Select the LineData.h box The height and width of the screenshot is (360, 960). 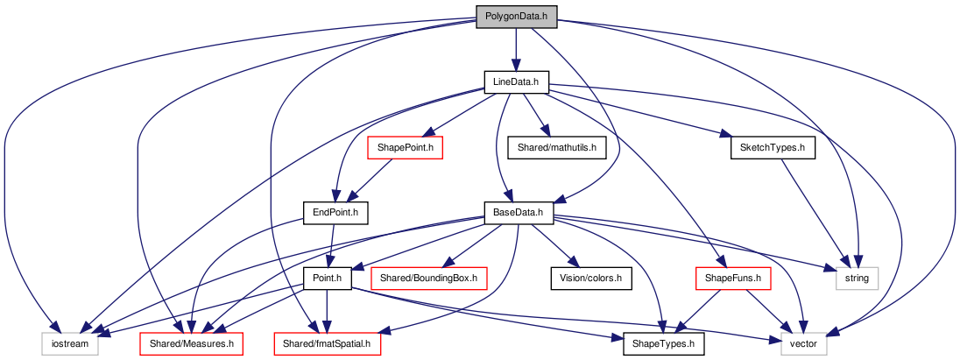[x=516, y=82]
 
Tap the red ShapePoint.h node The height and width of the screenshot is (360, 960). [x=405, y=148]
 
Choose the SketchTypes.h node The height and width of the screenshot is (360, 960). [x=773, y=148]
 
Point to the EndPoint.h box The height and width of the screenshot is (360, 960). [x=335, y=213]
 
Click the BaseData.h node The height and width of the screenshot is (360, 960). [x=519, y=213]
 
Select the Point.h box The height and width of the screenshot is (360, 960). [x=327, y=279]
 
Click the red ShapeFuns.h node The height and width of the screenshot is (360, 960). [x=733, y=279]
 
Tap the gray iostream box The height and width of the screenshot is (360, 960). [x=70, y=344]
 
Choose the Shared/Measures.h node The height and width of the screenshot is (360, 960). [x=192, y=344]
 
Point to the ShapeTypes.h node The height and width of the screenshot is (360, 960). [x=664, y=344]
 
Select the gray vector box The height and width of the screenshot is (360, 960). [x=804, y=344]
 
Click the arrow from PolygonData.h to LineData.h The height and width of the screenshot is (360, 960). [x=516, y=49]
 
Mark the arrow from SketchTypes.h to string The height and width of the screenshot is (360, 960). [x=815, y=213]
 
